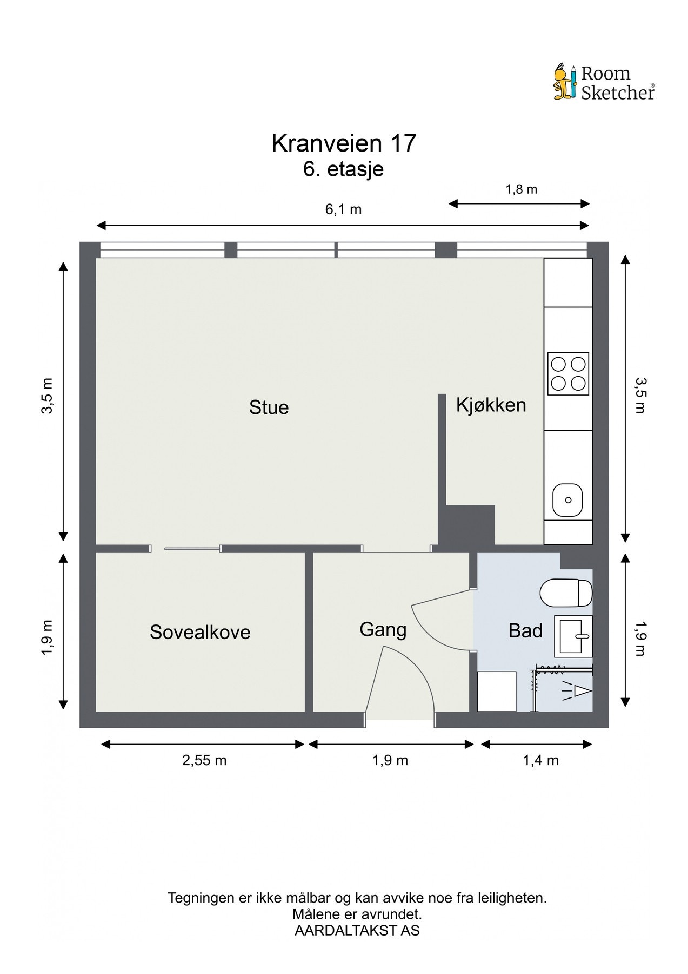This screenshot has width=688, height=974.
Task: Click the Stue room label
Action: coord(269,407)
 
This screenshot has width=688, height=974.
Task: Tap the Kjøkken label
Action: coord(491,405)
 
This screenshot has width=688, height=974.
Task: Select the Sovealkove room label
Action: coord(200,632)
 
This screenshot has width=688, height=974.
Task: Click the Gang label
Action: coord(383,629)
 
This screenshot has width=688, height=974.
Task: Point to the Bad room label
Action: coord(525,630)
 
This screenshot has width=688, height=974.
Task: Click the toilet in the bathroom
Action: coord(566,593)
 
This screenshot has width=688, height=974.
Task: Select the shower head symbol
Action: coord(579,691)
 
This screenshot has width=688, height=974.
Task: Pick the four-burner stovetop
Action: coord(567,373)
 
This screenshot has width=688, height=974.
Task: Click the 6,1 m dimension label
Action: coord(343,209)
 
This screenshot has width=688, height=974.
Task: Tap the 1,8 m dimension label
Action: coord(521,189)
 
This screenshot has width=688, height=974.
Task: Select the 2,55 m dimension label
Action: coord(204,760)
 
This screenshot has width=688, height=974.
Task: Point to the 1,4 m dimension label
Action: coord(540,760)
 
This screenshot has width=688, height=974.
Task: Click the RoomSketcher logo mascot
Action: coord(565,82)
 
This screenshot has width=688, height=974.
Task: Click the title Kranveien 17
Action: coord(344,143)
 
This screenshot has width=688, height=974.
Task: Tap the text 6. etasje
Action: coord(344,169)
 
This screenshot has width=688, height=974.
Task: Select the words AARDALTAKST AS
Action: coord(357,931)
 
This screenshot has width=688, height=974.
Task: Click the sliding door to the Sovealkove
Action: coord(192,549)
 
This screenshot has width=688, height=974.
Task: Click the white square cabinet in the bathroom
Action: coord(497,691)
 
